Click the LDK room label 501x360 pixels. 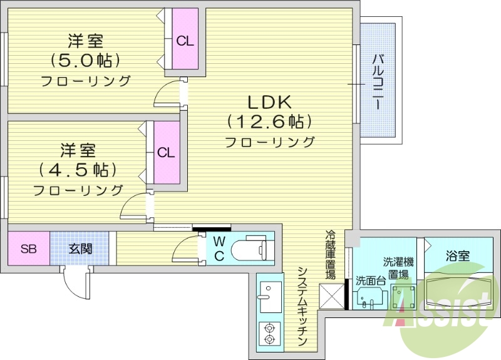coord(270,102)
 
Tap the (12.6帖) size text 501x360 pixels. coord(270,121)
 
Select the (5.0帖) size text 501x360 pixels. coord(86,61)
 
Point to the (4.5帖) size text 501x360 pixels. coord(78,170)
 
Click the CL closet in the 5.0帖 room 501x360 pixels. coord(185,41)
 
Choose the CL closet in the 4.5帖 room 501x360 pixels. coord(166,152)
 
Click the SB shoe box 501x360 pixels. coord(28,249)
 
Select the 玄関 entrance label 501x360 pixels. coord(80,249)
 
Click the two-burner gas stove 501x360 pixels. coord(271,333)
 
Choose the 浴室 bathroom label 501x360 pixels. coord(457,255)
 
